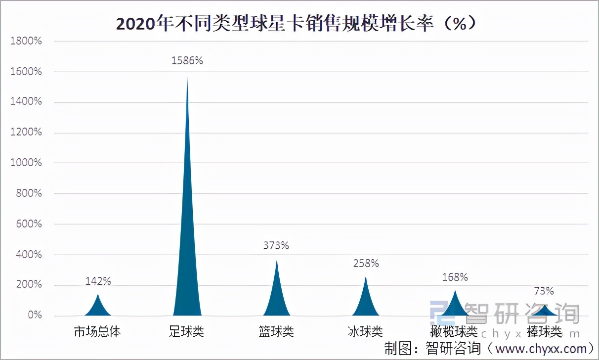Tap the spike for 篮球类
point(277,297)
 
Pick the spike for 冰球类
point(366,302)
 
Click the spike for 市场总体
point(98,307)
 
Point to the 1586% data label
point(187,61)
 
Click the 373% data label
point(276,245)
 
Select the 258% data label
point(366,264)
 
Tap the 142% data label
point(98,281)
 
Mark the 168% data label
point(455,277)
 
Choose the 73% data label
point(544,291)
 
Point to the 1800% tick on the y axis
point(26,41)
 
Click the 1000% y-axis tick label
point(26,163)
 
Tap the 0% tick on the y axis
point(34,315)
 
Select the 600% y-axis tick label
point(28,224)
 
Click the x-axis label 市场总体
point(97,331)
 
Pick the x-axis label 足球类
point(186,331)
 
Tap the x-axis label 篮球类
point(276,331)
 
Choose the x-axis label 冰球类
point(365,331)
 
